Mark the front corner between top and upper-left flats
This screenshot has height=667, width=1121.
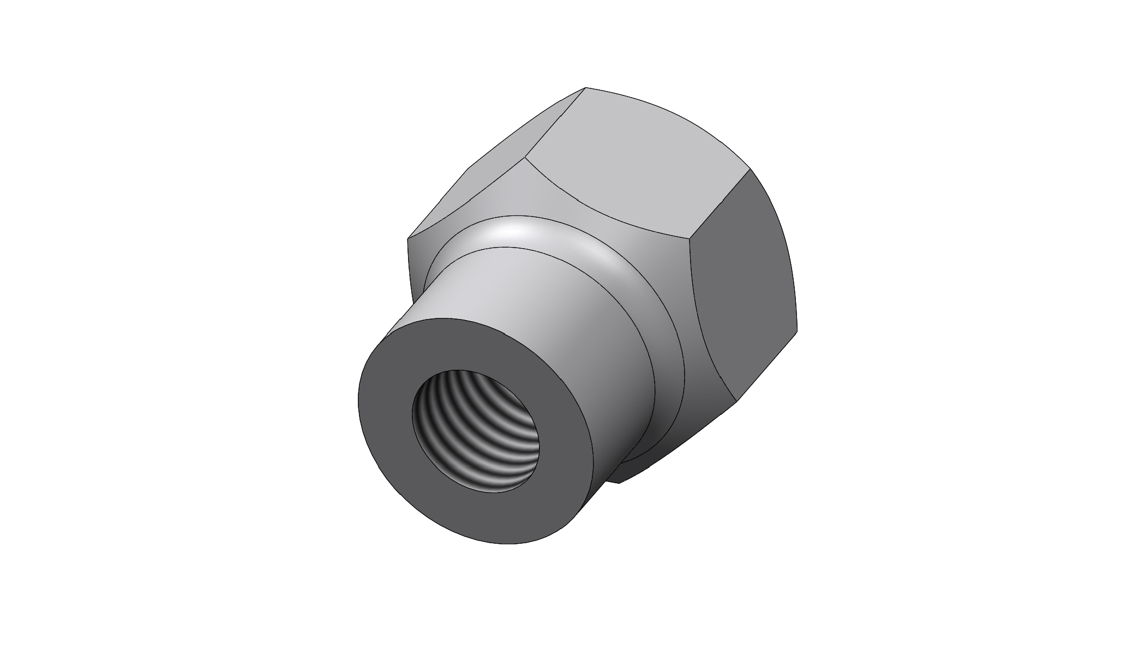[525, 158]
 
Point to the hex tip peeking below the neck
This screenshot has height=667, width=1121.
[619, 482]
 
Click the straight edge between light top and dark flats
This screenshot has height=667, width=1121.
[720, 205]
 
